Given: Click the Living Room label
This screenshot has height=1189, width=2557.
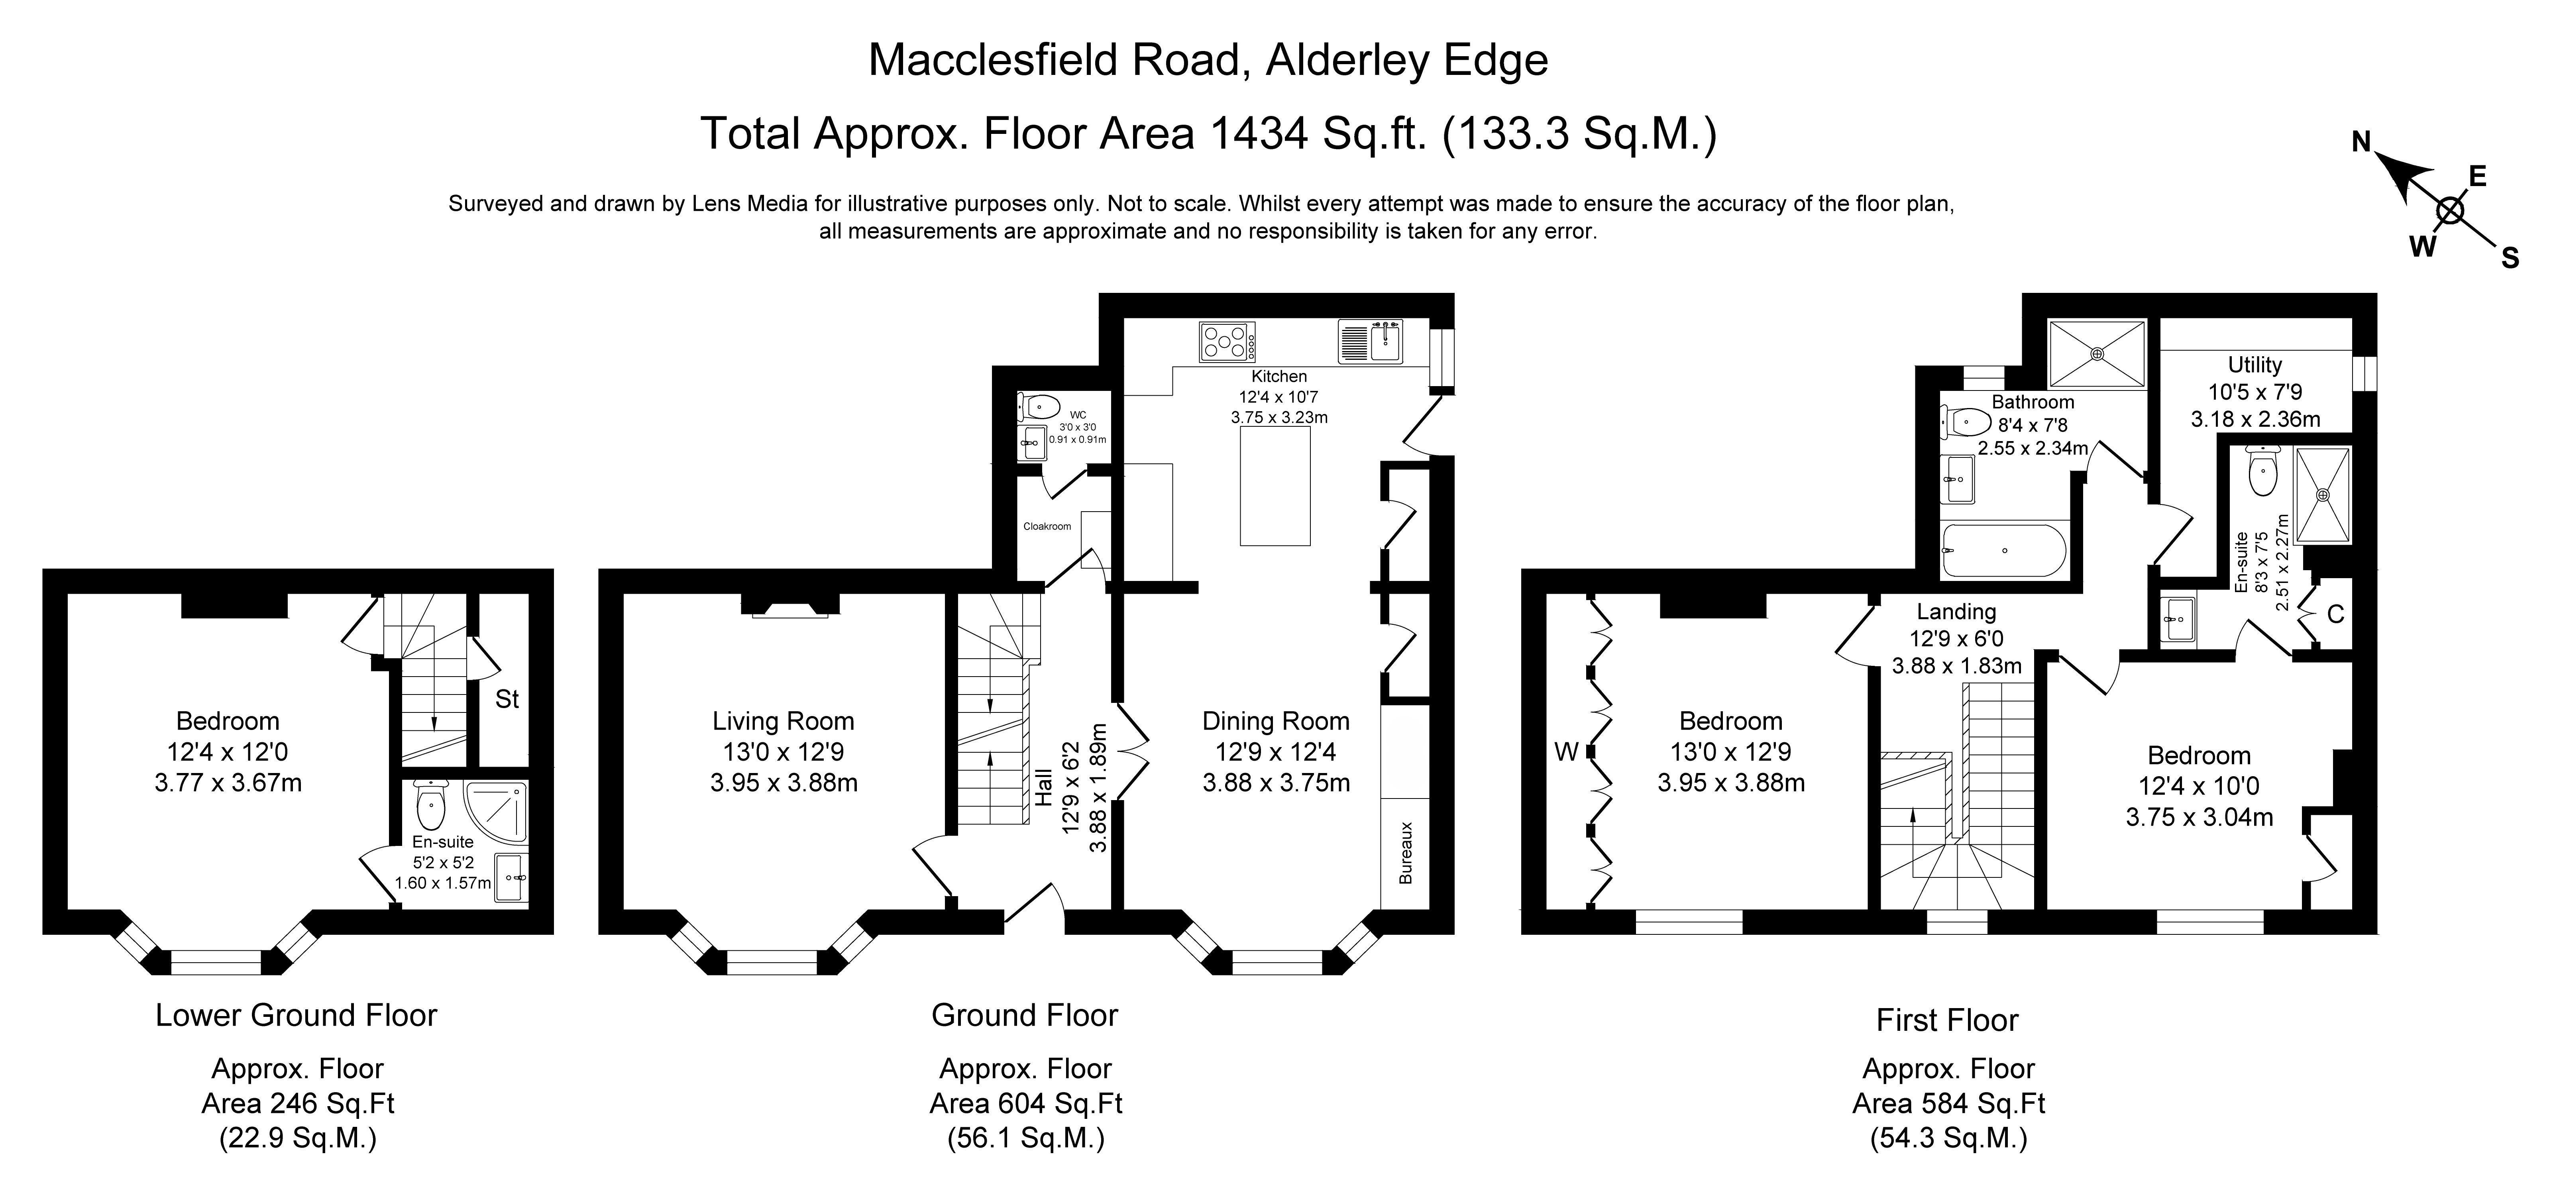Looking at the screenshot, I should coord(783,722).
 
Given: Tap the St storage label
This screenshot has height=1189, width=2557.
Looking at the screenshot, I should coord(507,700).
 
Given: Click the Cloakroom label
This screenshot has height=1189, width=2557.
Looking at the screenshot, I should coord(1047,526).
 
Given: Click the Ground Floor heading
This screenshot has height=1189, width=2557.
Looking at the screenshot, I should coord(1024,1015).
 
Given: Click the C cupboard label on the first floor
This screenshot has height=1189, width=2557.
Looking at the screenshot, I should coord(2336,614).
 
